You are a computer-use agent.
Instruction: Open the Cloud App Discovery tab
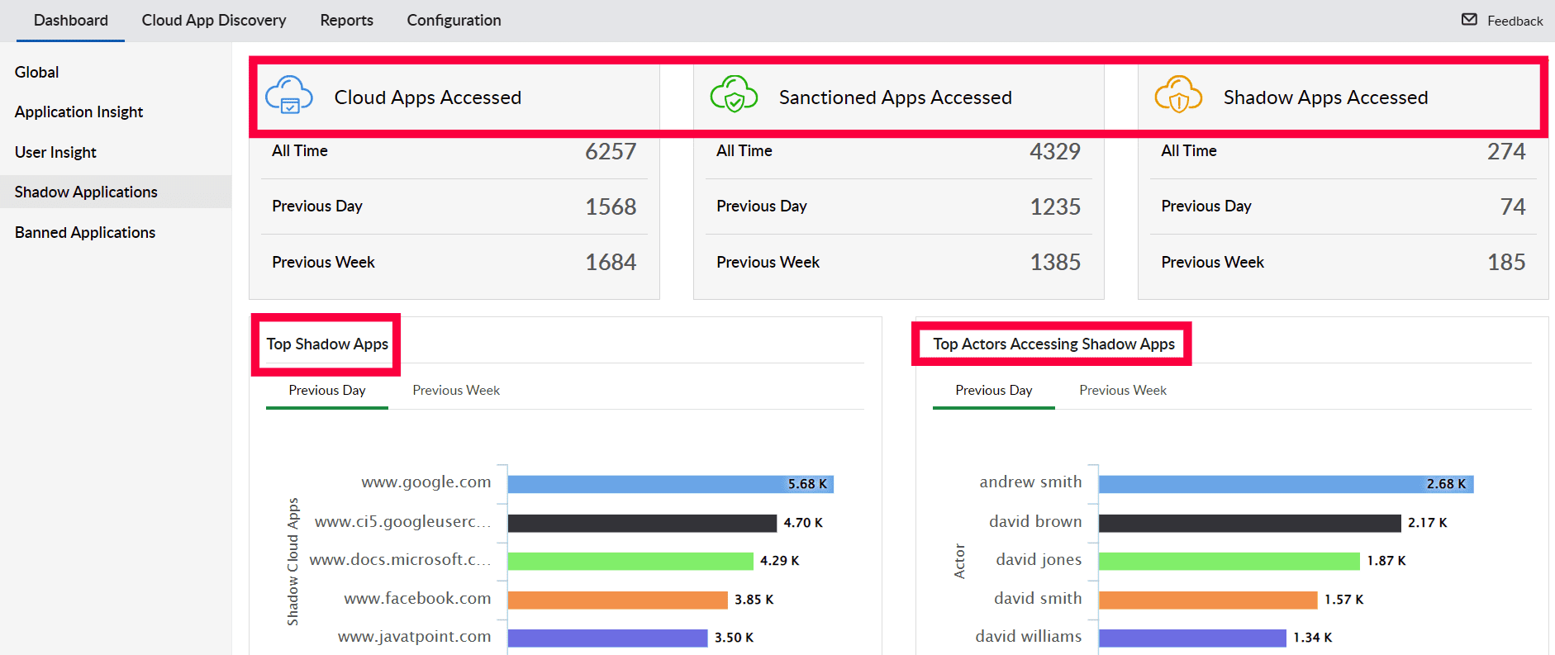[213, 20]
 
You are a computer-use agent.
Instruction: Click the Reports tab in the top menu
[346, 20]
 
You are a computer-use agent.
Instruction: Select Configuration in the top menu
[454, 20]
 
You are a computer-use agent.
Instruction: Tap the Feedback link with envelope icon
[1502, 21]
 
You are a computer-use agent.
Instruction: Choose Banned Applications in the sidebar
[85, 232]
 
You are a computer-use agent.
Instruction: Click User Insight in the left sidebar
[55, 152]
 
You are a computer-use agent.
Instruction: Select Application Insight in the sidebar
[78, 112]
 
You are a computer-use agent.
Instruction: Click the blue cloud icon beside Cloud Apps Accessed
[289, 95]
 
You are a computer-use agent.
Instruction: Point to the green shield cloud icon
[734, 94]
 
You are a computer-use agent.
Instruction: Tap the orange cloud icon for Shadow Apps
[1178, 94]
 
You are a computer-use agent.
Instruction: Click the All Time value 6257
[611, 151]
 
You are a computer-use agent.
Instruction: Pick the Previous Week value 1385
[1055, 262]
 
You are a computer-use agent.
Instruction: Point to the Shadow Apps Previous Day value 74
[1513, 206]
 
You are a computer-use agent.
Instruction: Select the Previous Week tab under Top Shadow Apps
[456, 390]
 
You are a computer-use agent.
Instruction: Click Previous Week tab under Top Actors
[1123, 390]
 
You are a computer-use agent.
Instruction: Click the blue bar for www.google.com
[644, 484]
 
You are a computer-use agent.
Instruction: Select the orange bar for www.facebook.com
[617, 600]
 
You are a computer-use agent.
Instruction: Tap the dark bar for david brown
[1249, 523]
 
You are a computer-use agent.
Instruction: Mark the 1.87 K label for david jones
[1386, 561]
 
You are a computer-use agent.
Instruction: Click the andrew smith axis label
[1030, 482]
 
